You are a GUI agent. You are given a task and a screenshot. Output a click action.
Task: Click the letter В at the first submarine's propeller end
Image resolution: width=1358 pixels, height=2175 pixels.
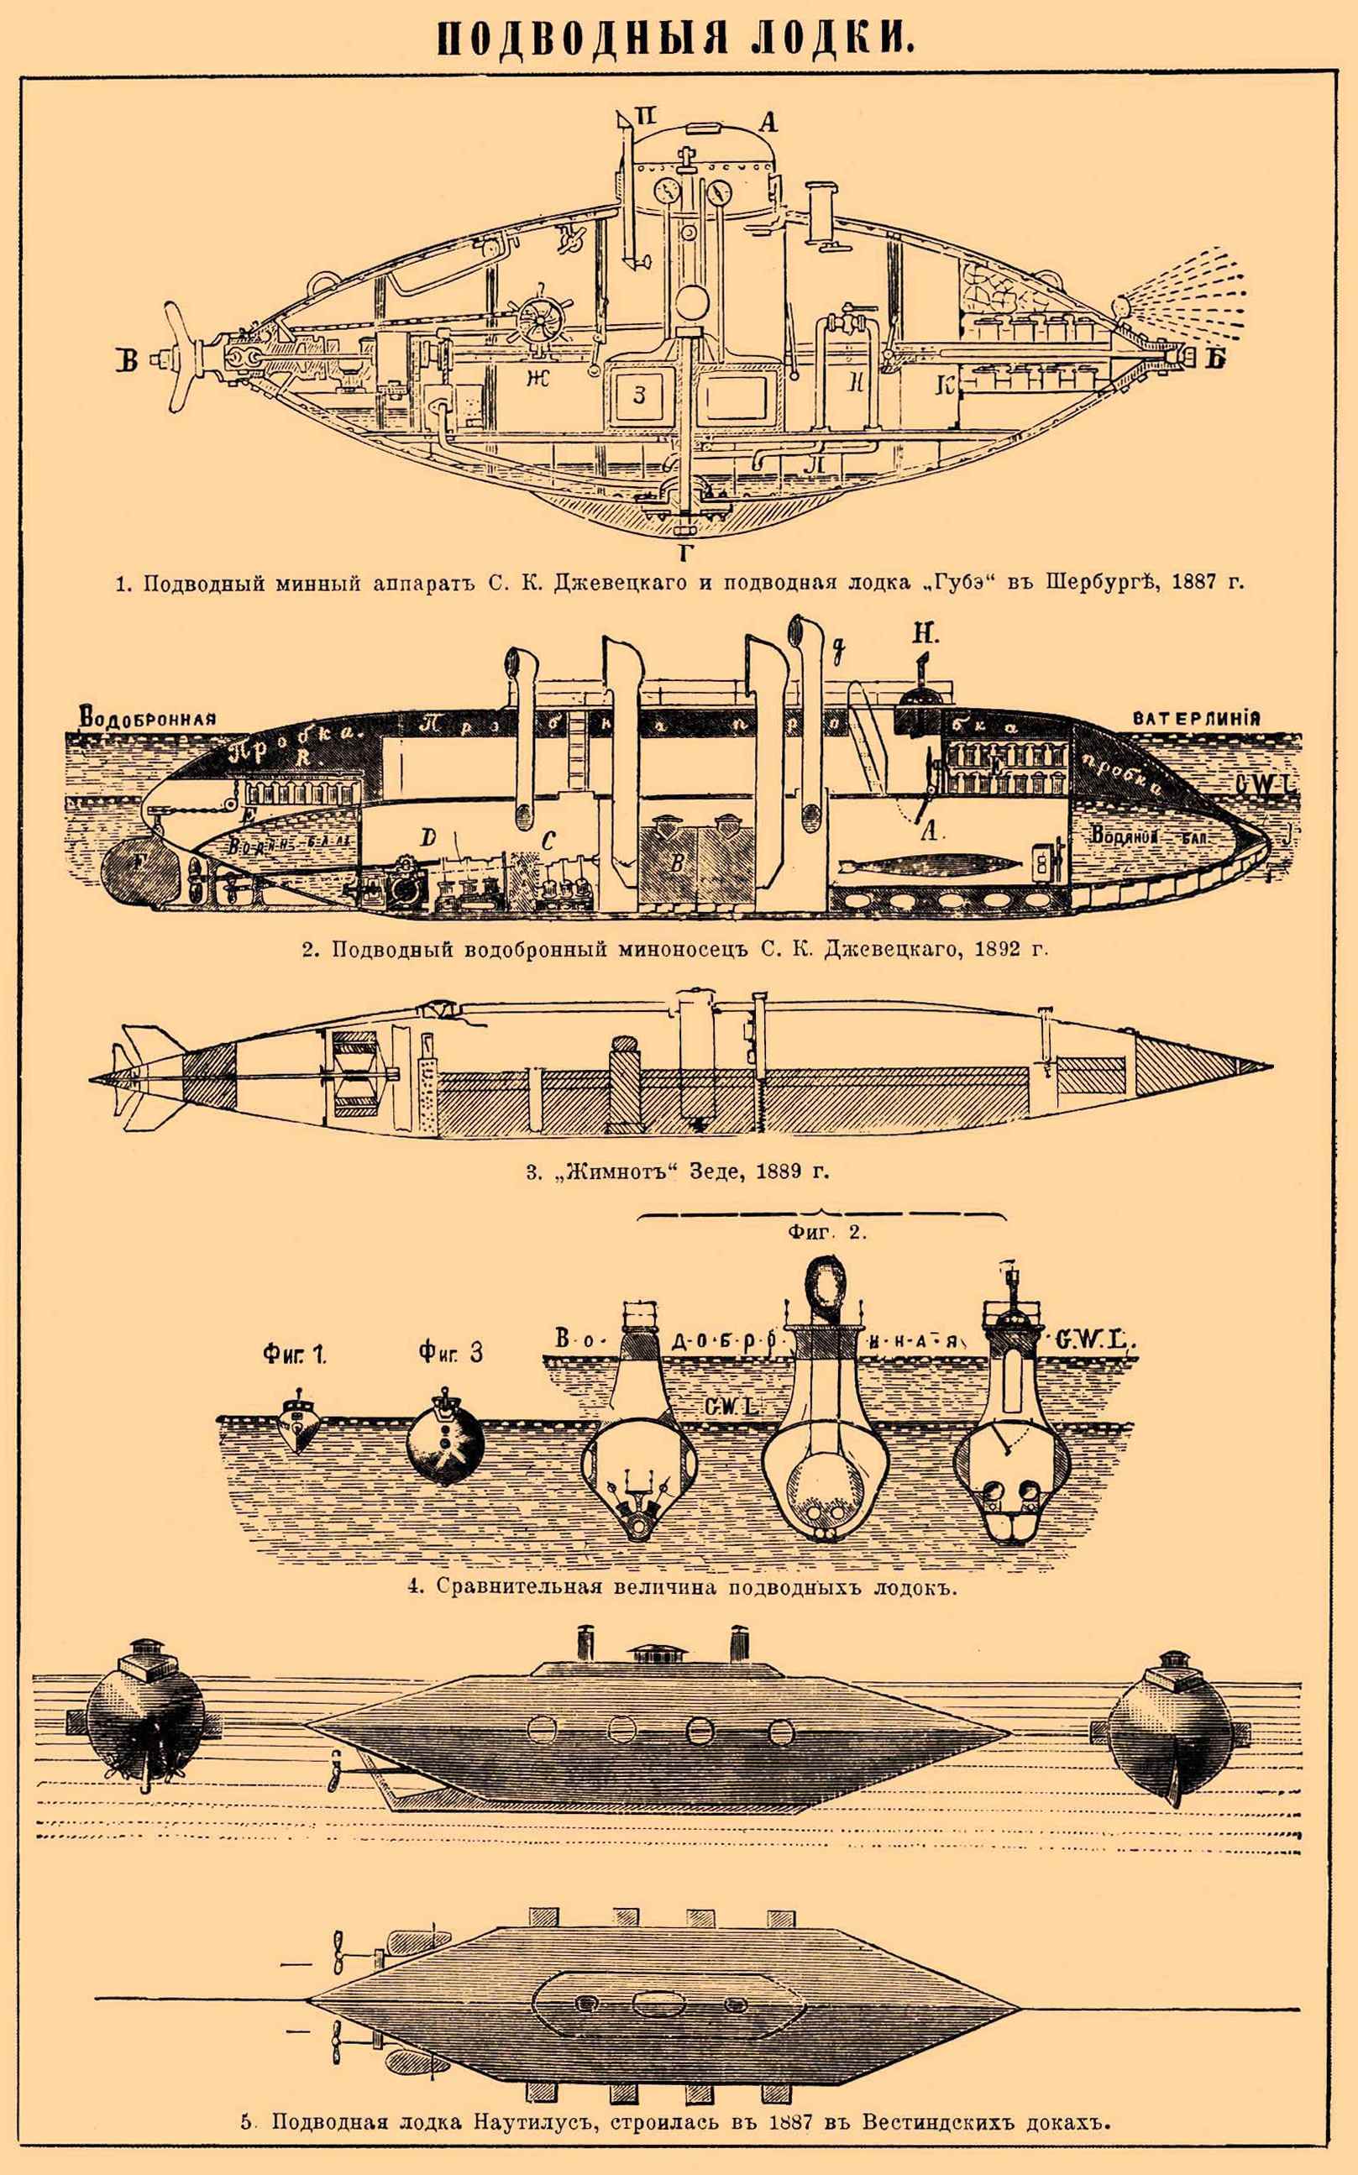tap(128, 361)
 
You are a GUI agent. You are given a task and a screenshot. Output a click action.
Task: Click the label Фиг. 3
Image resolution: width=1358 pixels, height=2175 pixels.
tap(450, 1352)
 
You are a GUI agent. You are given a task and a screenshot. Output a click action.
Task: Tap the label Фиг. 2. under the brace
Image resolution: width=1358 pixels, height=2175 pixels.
tap(826, 1232)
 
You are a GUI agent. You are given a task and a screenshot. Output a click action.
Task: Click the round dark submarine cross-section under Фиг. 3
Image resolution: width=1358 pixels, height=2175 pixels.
tap(442, 1447)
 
